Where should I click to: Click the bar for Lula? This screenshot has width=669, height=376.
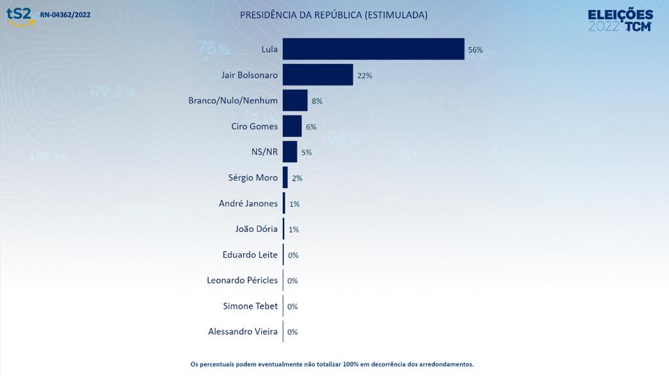pos(373,49)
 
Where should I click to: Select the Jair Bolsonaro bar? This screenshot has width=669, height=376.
pos(318,74)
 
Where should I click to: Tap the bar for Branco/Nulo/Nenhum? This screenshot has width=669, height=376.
pos(295,101)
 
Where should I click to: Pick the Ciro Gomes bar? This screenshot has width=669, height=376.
pos(292,126)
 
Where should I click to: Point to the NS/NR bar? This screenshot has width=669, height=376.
pos(290,151)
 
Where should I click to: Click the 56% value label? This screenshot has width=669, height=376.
pos(475,50)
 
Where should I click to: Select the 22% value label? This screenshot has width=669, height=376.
pos(365,76)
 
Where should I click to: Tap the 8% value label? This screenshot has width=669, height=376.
pos(317,101)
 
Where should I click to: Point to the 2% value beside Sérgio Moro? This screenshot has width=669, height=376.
pos(297,178)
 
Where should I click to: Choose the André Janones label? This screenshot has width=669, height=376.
pos(248,203)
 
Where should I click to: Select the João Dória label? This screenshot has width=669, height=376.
pos(256,228)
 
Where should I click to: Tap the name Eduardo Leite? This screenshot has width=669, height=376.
pos(250,255)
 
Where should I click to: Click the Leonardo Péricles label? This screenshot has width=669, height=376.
pos(242,280)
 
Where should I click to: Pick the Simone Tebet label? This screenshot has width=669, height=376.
pos(250,305)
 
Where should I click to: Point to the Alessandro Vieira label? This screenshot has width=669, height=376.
pos(242,332)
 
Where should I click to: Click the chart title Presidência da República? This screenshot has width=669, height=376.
pos(334,14)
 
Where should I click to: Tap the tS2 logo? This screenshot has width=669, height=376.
pos(20,15)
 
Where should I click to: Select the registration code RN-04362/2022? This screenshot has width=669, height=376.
pos(65,14)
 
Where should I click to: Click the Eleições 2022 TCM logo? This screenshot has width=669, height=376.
pos(620,20)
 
